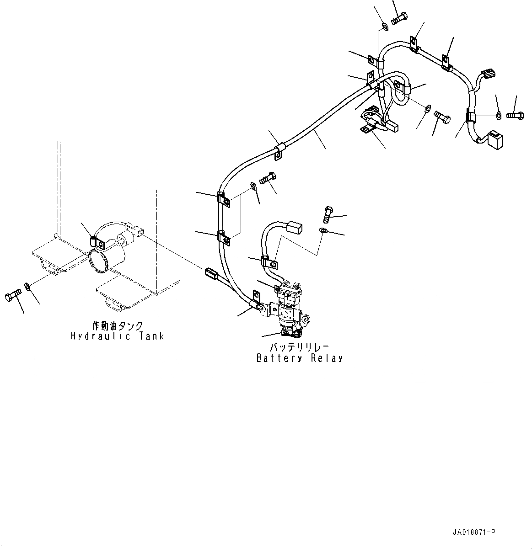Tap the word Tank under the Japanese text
click(x=150, y=336)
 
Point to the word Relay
click(x=327, y=358)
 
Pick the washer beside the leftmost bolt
click(x=27, y=287)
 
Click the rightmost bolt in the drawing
click(x=515, y=115)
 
